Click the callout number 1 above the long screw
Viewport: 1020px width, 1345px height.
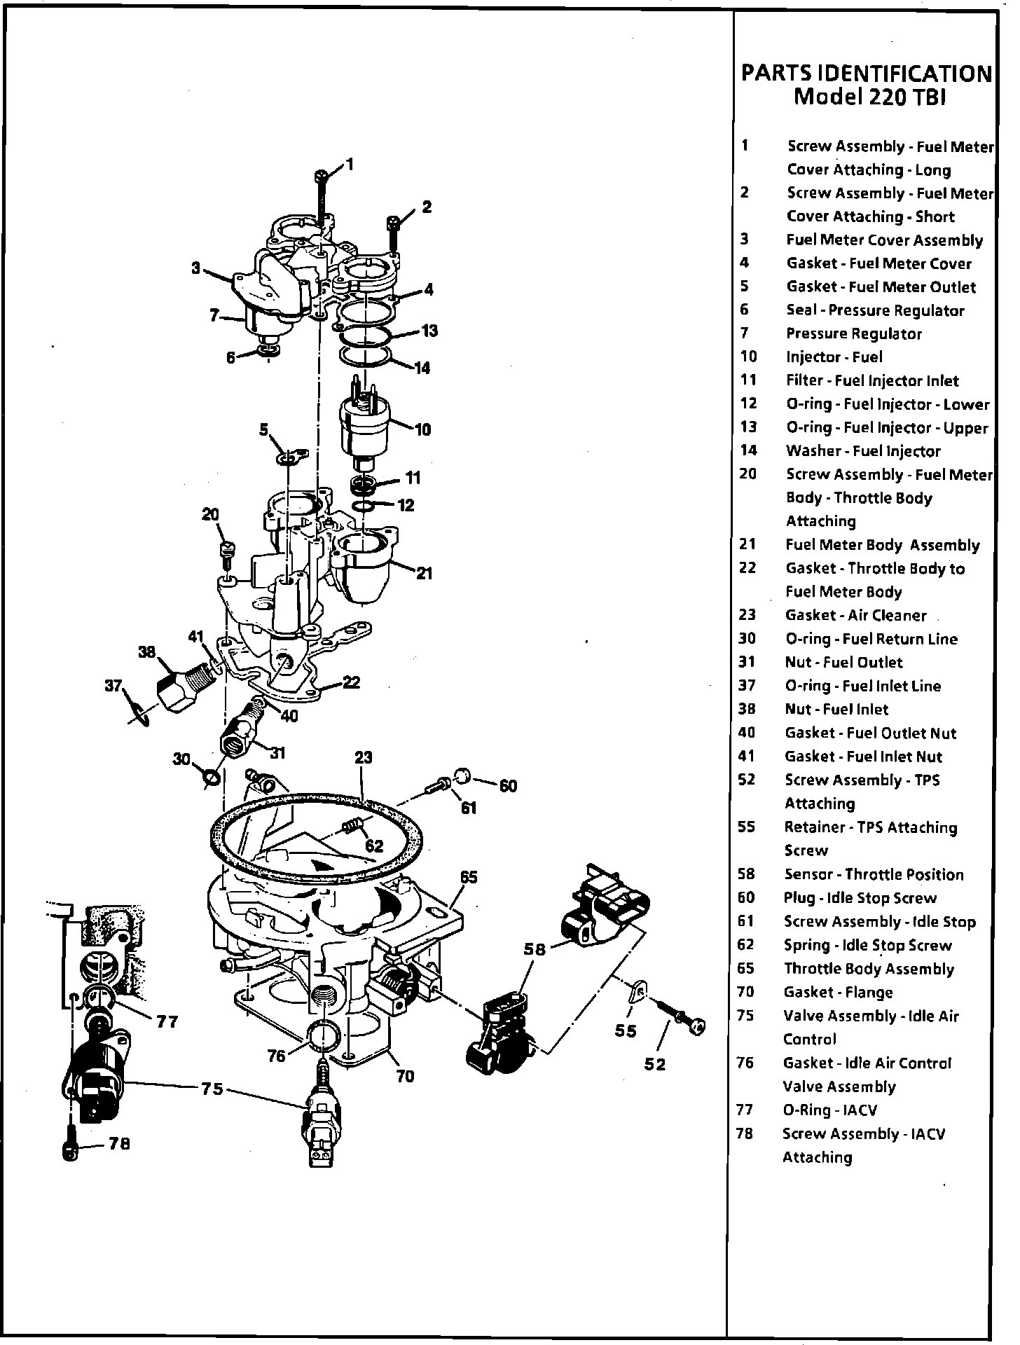[x=350, y=165]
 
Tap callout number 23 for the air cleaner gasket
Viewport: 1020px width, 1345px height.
[x=363, y=757]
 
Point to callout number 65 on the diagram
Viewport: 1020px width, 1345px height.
[x=469, y=877]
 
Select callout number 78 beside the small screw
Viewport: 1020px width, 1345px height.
[x=120, y=1144]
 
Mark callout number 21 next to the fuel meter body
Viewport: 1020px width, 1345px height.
[x=424, y=574]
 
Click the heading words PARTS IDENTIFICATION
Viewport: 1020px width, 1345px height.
[x=867, y=73]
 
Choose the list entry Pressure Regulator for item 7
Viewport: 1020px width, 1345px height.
[x=853, y=334]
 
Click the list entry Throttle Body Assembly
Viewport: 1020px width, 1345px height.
[x=869, y=969]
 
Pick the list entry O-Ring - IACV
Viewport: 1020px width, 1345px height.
[x=829, y=1110]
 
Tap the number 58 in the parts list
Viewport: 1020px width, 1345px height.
[x=746, y=874]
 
